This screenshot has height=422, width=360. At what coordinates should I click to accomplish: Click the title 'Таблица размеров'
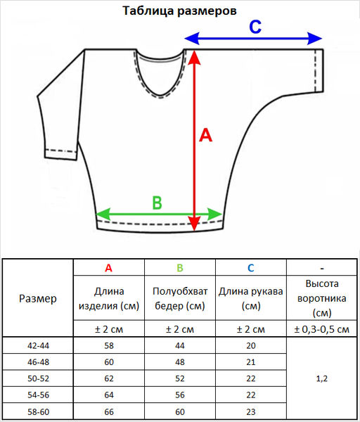click(179, 11)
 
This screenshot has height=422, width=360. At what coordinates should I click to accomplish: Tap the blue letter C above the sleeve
click(255, 27)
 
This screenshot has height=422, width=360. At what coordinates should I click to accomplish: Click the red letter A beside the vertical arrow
click(205, 135)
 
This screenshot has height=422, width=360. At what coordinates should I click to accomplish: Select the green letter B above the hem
click(157, 203)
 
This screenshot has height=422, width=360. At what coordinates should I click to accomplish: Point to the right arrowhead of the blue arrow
click(315, 39)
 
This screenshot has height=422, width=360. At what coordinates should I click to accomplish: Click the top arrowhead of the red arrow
click(194, 58)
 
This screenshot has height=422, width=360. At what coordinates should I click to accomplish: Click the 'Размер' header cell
click(38, 298)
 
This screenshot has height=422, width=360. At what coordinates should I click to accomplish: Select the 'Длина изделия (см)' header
click(109, 298)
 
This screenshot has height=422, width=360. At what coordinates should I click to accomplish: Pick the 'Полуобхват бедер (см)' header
click(180, 298)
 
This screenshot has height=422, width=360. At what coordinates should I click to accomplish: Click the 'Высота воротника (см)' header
click(322, 298)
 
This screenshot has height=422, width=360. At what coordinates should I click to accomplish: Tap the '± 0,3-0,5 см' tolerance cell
click(322, 329)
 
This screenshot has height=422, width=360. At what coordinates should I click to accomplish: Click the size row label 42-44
click(38, 345)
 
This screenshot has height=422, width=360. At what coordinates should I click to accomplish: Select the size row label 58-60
click(38, 411)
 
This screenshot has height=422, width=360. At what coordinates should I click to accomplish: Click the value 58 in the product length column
click(109, 345)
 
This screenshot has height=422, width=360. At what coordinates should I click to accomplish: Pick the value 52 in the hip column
click(180, 378)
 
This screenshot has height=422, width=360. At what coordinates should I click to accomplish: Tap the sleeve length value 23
click(251, 411)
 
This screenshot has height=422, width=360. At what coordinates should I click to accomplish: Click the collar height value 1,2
click(322, 378)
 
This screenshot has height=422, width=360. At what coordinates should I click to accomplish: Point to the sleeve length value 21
click(251, 362)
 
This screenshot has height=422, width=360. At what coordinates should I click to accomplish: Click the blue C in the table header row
click(251, 268)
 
